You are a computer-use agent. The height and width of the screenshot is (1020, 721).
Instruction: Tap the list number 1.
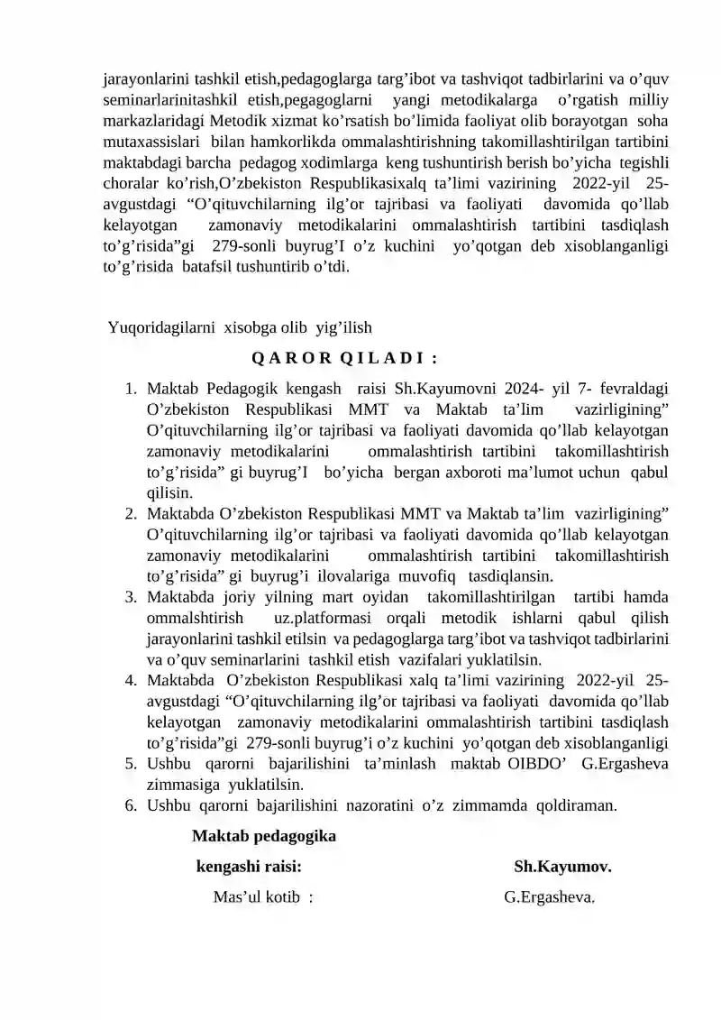click(x=131, y=390)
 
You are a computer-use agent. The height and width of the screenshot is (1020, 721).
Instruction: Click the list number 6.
click(x=131, y=805)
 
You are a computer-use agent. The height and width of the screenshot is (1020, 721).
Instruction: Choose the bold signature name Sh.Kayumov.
click(x=562, y=868)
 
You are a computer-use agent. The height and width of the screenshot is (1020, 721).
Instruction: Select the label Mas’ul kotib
click(x=256, y=897)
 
